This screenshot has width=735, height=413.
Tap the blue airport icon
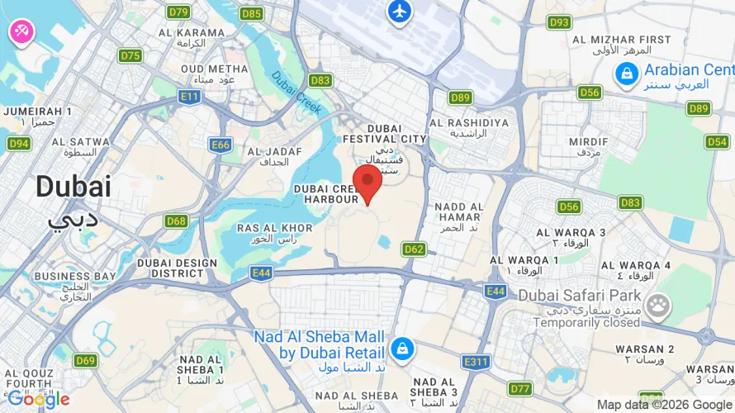(400, 12)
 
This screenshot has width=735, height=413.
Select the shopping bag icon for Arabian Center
(626, 76)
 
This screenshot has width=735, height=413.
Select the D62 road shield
(414, 249)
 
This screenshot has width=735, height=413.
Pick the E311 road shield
(477, 362)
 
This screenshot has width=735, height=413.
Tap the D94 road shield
(19, 144)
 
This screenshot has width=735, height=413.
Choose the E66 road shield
(220, 145)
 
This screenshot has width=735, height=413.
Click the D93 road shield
(559, 22)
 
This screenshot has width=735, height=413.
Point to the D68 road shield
(176, 221)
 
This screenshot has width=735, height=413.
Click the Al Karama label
(191, 37)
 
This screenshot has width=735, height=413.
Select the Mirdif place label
(588, 146)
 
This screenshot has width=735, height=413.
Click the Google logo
(38, 400)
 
